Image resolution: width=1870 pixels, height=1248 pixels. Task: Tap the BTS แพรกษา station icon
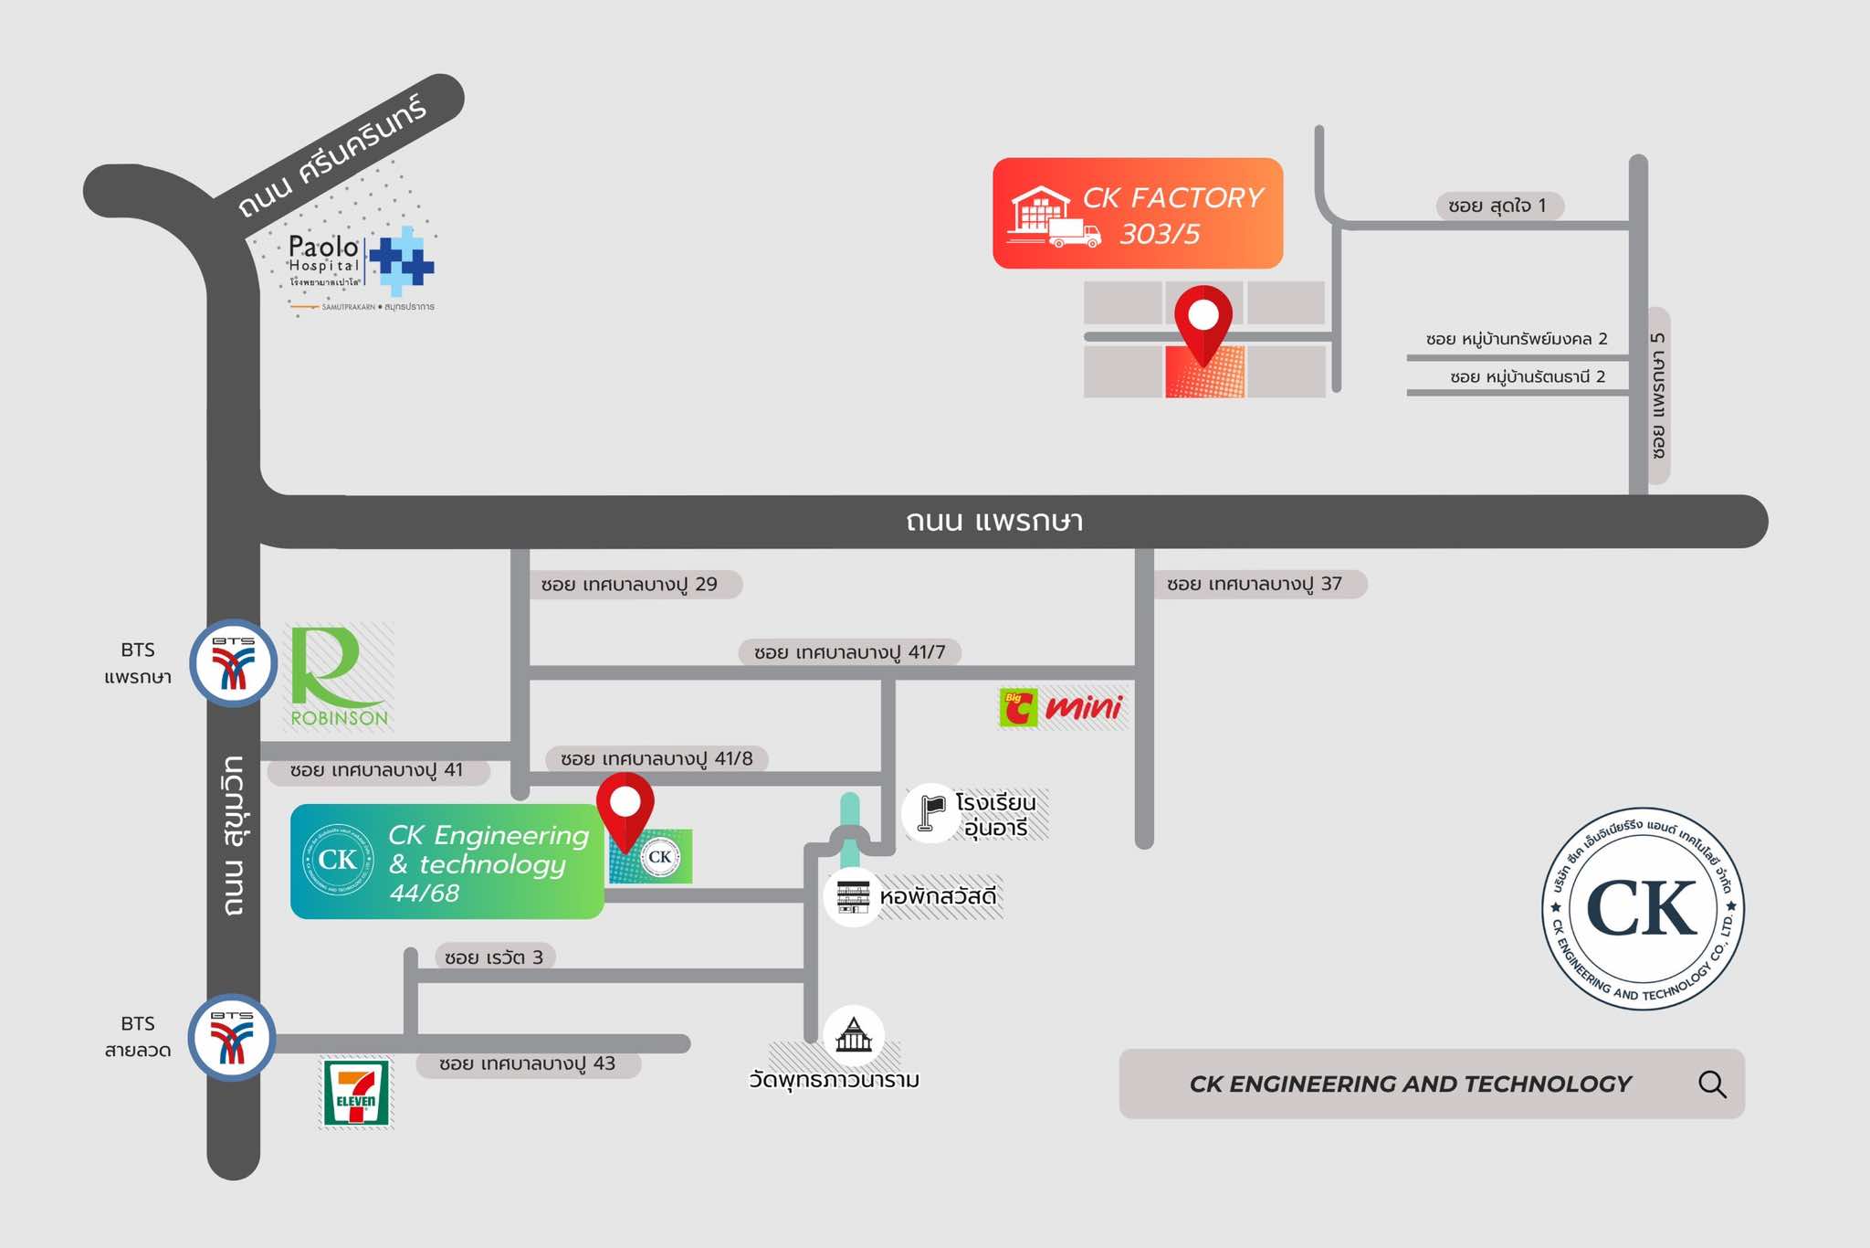click(x=234, y=663)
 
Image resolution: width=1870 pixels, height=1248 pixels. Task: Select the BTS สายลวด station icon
click(x=233, y=1037)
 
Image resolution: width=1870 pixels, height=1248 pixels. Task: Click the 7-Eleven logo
click(x=356, y=1093)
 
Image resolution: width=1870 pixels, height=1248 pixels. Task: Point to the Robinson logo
click(x=339, y=677)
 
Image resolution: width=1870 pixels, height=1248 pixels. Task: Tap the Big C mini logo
click(x=1062, y=707)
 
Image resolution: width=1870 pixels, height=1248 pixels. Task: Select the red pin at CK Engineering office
click(x=625, y=809)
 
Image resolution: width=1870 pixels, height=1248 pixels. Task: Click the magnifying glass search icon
click(x=1712, y=1084)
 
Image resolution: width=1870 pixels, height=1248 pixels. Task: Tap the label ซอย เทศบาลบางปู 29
click(x=629, y=585)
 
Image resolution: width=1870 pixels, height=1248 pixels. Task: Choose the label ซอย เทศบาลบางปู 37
click(x=1255, y=584)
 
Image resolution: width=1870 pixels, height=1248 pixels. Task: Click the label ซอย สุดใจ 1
click(x=1497, y=206)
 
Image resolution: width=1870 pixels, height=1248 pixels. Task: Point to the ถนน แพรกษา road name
click(x=994, y=522)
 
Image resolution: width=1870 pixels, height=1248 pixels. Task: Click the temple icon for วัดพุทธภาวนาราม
click(x=854, y=1035)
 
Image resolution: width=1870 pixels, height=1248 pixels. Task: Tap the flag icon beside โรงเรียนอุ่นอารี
click(x=931, y=811)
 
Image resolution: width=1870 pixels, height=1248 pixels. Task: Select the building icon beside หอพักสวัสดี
click(x=853, y=897)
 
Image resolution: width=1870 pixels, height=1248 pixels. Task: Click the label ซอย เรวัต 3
click(x=494, y=957)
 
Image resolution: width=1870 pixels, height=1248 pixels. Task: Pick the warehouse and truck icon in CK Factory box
click(x=1052, y=217)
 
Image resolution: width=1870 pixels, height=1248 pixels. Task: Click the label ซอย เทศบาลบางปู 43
click(x=527, y=1064)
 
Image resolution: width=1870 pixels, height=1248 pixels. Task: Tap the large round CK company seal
click(x=1643, y=909)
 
